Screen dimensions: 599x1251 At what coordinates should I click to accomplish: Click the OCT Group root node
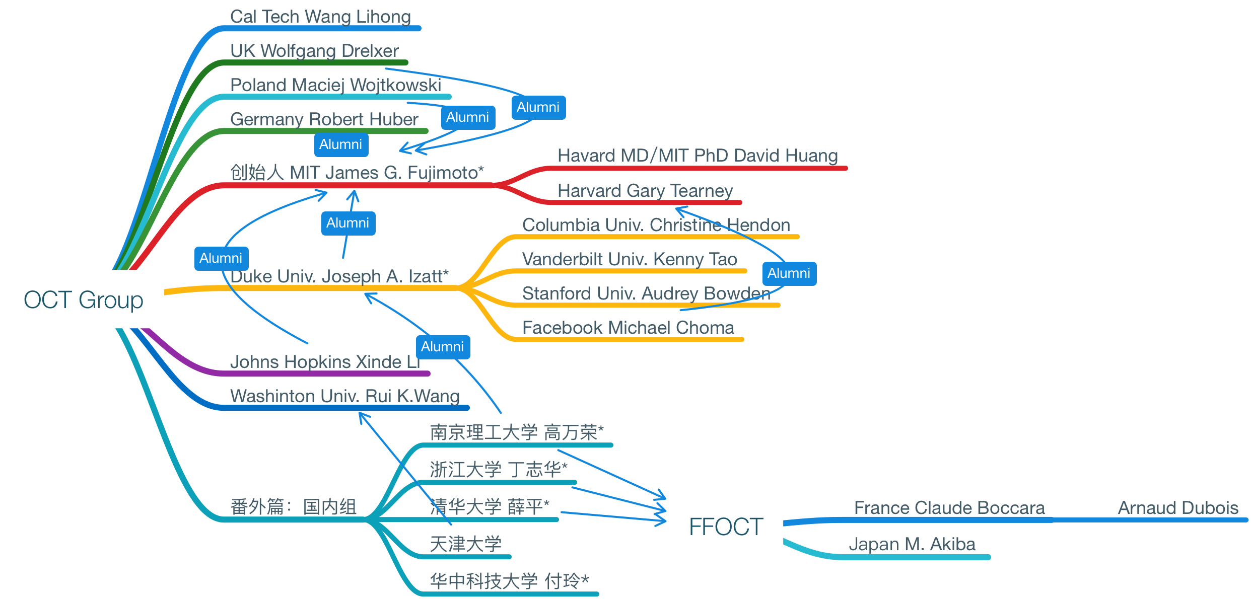pyautogui.click(x=84, y=299)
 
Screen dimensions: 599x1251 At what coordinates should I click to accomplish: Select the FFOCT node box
pyautogui.click(x=726, y=527)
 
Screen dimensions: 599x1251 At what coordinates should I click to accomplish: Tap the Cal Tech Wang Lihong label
pyautogui.click(x=320, y=17)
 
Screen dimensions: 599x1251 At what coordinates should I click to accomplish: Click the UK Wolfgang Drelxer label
pyautogui.click(x=314, y=51)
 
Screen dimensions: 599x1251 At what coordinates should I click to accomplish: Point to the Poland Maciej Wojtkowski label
pyautogui.click(x=335, y=85)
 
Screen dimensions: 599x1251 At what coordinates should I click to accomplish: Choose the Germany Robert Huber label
pyautogui.click(x=324, y=119)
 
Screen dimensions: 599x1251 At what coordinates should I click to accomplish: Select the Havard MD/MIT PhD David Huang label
pyautogui.click(x=698, y=156)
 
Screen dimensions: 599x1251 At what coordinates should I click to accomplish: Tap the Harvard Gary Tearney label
pyautogui.click(x=645, y=191)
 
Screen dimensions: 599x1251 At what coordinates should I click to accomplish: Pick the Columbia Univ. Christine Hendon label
pyautogui.click(x=656, y=225)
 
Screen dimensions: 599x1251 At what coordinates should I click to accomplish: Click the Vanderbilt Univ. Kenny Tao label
pyautogui.click(x=630, y=259)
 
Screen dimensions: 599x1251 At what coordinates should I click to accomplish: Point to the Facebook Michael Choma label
pyautogui.click(x=628, y=328)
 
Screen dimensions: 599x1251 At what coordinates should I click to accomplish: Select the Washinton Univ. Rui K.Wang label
pyautogui.click(x=344, y=396)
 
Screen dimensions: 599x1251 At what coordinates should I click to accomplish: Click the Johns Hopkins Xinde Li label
pyautogui.click(x=325, y=362)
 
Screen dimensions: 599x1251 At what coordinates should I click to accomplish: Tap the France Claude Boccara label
pyautogui.click(x=949, y=508)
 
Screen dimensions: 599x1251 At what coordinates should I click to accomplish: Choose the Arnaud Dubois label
pyautogui.click(x=1178, y=508)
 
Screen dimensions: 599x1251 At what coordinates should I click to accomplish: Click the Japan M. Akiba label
pyautogui.click(x=912, y=544)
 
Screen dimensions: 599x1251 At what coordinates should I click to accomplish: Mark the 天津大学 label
pyautogui.click(x=465, y=544)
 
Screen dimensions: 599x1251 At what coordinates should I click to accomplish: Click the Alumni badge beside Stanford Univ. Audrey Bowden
pyautogui.click(x=789, y=273)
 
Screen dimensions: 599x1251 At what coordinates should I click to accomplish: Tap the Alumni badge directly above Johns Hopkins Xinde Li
pyautogui.click(x=443, y=347)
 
